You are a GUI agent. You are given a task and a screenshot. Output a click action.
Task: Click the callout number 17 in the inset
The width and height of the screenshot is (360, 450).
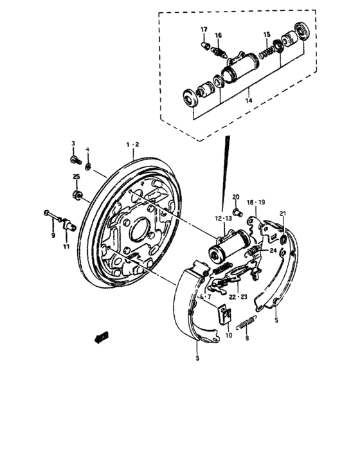(203, 30)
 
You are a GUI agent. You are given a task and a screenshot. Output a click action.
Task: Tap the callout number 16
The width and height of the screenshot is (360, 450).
(219, 35)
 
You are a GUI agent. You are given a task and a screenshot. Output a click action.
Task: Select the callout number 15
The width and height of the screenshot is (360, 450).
(267, 34)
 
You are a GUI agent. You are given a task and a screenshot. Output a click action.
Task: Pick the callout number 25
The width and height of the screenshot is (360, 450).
(76, 177)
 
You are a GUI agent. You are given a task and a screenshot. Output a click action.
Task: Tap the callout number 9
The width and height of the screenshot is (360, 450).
(53, 235)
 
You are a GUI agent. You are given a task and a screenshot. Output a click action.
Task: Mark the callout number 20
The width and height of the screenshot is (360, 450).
(236, 197)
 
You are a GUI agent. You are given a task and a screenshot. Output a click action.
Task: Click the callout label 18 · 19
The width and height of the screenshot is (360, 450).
(256, 202)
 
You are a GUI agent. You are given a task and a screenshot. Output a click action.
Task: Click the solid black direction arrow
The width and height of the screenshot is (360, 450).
(99, 335)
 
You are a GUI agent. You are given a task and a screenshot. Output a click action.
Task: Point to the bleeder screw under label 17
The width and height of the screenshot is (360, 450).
(206, 45)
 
